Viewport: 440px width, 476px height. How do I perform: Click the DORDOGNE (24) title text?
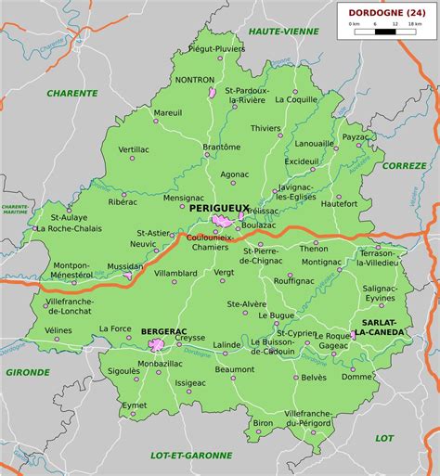click(x=385, y=12)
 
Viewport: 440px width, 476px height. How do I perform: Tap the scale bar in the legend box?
click(x=385, y=32)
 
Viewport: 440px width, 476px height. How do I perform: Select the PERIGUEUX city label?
click(x=218, y=210)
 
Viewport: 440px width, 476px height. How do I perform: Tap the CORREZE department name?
click(x=404, y=164)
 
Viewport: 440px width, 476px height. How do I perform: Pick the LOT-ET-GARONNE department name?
click(x=190, y=455)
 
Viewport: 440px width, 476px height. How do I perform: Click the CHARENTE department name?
click(x=72, y=93)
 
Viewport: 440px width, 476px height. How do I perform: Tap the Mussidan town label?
click(x=125, y=265)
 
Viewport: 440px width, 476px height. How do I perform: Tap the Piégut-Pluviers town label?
click(x=216, y=47)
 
